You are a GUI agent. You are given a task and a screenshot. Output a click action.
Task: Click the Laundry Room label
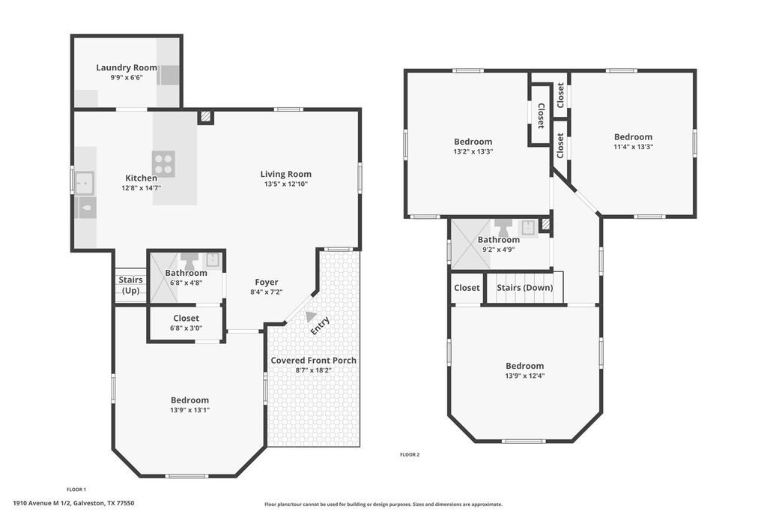click(127, 67)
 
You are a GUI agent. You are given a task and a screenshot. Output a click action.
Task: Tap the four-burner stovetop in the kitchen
click(163, 164)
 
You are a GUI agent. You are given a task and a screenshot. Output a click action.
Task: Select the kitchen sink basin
click(85, 183)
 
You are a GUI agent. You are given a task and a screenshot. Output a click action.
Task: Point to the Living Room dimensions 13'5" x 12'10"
click(285, 184)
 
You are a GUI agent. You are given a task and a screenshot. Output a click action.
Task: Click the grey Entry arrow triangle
click(310, 316)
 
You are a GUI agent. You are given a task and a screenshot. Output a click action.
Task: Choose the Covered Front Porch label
click(314, 361)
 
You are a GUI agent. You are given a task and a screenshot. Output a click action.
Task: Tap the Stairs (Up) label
click(130, 285)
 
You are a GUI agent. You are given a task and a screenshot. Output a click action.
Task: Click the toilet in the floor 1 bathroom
click(187, 260)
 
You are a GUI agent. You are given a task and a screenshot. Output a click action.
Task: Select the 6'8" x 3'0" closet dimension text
click(186, 328)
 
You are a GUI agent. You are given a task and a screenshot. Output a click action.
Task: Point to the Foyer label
click(267, 282)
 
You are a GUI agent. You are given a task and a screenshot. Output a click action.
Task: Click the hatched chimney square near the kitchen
click(206, 116)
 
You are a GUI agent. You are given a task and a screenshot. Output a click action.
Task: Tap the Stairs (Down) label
click(525, 287)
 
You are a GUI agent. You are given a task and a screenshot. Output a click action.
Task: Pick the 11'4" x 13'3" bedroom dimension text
click(634, 147)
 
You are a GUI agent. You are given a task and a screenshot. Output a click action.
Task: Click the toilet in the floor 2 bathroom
click(503, 227)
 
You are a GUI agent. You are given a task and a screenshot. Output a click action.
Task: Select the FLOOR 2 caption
click(410, 455)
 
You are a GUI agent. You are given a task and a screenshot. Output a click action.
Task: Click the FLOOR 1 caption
click(76, 490)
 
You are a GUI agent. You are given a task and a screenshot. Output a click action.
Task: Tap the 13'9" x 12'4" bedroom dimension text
click(525, 376)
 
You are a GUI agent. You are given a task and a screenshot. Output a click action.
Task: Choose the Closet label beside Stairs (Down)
click(467, 288)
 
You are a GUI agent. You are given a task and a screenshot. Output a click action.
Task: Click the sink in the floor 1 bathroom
click(212, 260)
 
